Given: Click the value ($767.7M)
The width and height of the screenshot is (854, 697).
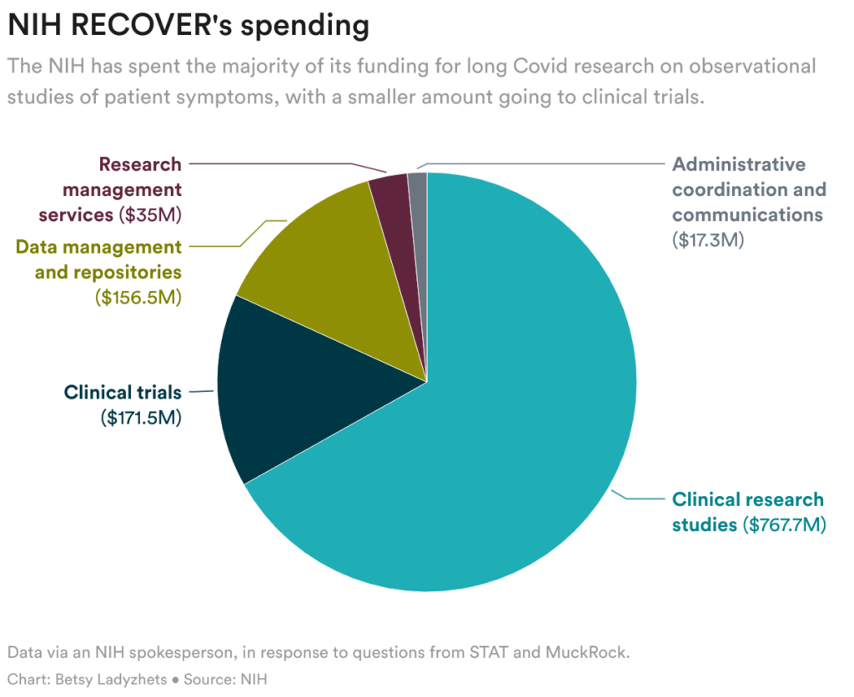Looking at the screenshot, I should point(783,525).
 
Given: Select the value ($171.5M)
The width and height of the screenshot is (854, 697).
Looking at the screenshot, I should point(140,417).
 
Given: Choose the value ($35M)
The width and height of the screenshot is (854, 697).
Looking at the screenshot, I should point(151,214).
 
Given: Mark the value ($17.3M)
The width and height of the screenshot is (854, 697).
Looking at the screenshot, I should point(707,239).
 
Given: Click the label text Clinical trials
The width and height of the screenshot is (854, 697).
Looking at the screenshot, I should point(123,392).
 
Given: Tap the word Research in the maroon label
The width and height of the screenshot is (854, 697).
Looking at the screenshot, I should point(140,164).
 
